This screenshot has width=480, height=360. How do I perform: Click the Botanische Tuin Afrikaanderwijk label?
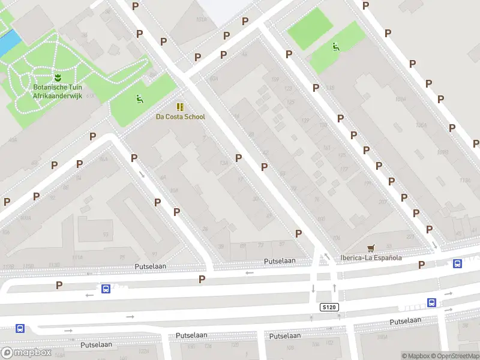[58, 91]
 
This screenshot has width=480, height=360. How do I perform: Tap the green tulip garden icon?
[58, 77]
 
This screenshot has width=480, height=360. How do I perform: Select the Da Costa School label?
[180, 117]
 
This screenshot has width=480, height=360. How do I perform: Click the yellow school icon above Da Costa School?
[180, 106]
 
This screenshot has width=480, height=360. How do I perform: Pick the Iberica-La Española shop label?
[371, 258]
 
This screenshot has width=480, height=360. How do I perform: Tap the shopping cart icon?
[371, 248]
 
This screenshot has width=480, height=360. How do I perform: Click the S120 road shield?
[329, 307]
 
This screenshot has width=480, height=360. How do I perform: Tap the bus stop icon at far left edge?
[20, 328]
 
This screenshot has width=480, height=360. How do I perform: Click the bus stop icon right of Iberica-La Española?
[457, 263]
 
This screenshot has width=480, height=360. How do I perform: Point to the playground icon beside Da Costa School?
[139, 99]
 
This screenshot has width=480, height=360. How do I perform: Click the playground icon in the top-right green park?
[335, 46]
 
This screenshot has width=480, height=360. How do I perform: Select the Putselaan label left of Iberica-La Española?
[280, 261]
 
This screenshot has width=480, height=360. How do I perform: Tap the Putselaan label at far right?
[405, 322]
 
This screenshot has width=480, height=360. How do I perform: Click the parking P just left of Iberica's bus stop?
[421, 265]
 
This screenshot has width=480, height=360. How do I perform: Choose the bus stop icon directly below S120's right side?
[431, 302]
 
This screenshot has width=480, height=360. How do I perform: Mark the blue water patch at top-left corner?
[9, 41]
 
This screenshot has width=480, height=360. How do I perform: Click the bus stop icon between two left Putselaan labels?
[106, 289]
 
